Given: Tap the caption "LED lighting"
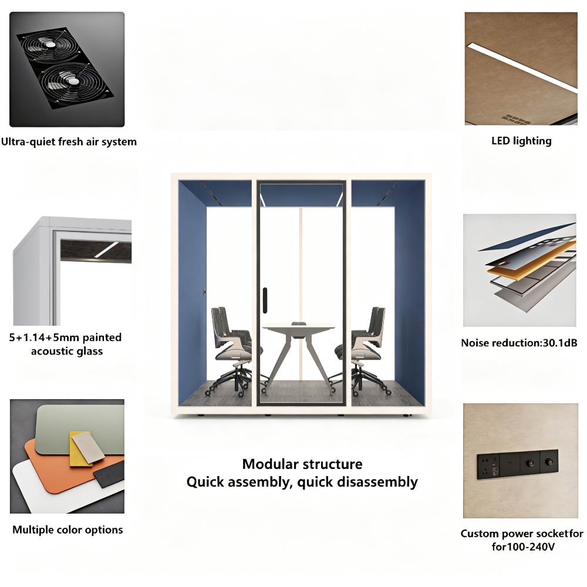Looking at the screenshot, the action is pyautogui.click(x=521, y=141).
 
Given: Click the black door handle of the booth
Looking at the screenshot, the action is pyautogui.click(x=265, y=300).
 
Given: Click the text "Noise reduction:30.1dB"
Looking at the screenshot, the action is pyautogui.click(x=519, y=343).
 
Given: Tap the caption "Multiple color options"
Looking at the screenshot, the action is pyautogui.click(x=68, y=530).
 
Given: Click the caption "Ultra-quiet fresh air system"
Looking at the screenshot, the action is pyautogui.click(x=69, y=142).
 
